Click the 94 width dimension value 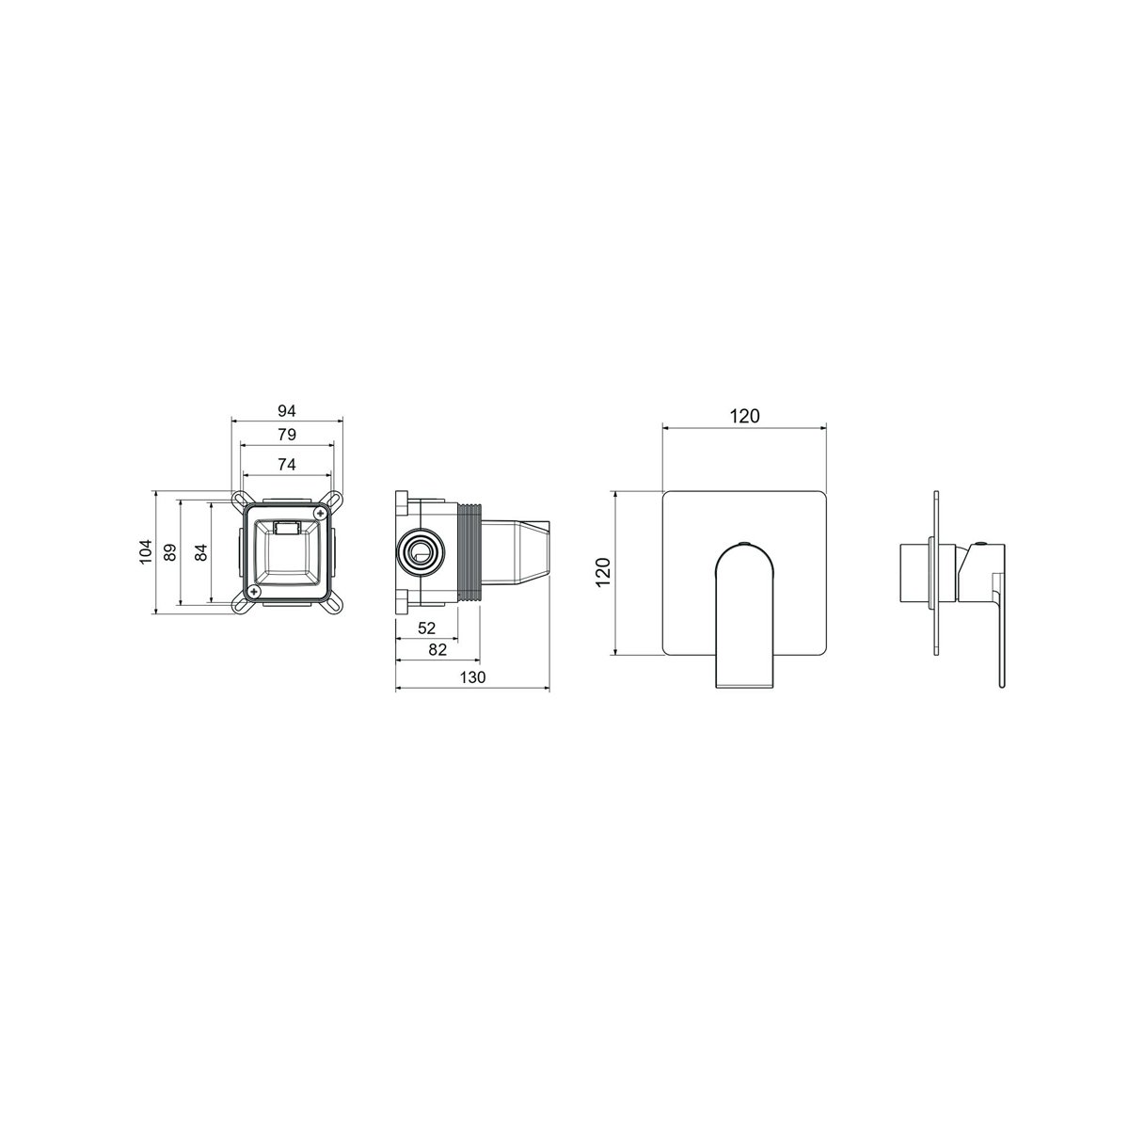[x=287, y=411]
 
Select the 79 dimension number [x=287, y=435]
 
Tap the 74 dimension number [x=287, y=465]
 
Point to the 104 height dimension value [x=145, y=551]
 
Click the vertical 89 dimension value [x=170, y=552]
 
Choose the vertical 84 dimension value [x=201, y=552]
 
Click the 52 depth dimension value [x=426, y=628]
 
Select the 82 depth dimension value [x=437, y=649]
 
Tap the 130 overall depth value [x=472, y=677]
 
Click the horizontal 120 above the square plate [x=744, y=416]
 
